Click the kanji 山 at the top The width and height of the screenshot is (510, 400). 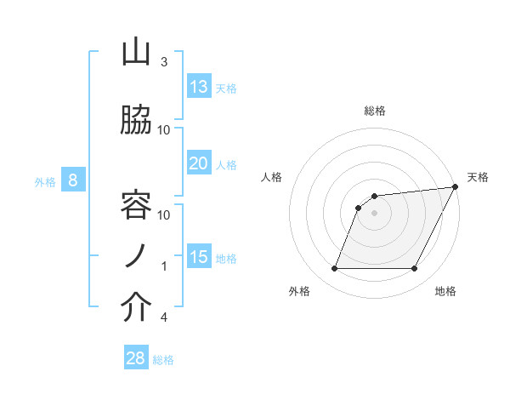click(x=136, y=53)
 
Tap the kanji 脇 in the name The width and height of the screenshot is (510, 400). click(x=136, y=121)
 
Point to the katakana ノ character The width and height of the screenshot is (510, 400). click(x=136, y=256)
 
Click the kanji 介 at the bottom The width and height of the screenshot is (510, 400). click(x=136, y=308)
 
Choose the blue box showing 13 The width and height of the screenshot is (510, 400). click(x=199, y=87)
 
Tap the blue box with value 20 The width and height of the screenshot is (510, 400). click(x=199, y=163)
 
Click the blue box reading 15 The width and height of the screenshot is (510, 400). click(x=199, y=257)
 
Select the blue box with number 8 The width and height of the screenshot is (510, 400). click(x=73, y=180)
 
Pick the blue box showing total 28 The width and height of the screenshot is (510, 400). click(x=136, y=358)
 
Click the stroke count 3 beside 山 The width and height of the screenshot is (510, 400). click(x=163, y=62)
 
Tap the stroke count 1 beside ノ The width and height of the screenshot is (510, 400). click(x=163, y=266)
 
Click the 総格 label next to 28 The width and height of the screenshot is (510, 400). click(x=163, y=360)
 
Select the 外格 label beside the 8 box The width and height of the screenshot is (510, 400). click(x=45, y=181)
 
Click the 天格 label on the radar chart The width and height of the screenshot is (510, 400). click(x=478, y=177)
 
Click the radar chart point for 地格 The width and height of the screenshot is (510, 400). click(x=414, y=269)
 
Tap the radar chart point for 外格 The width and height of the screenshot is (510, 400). click(x=334, y=269)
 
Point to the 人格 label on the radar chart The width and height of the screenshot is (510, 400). click(x=271, y=177)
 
